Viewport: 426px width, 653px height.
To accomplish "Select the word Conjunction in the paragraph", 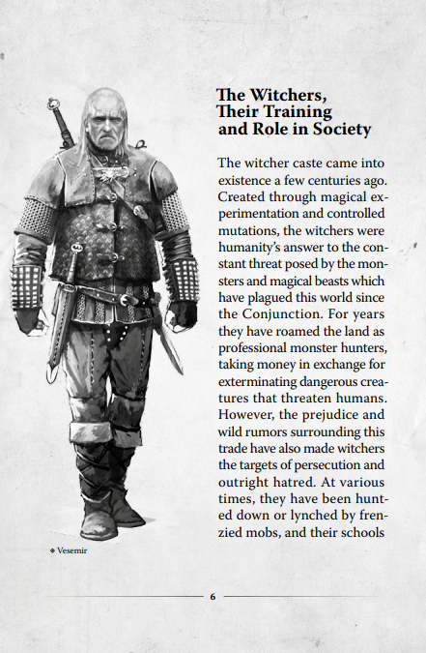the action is click(292, 313).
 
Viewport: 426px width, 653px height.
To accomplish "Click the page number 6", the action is click(213, 596).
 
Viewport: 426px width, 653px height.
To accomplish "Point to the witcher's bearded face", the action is click(103, 127).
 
